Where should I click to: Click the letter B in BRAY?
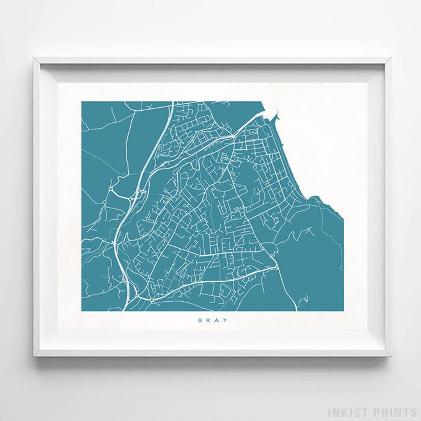(x=199, y=320)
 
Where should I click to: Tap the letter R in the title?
(x=207, y=320)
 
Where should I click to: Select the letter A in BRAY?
(x=216, y=320)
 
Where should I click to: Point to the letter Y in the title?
(x=225, y=320)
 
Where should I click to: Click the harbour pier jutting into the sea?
(x=278, y=115)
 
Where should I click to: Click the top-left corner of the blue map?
(x=82, y=102)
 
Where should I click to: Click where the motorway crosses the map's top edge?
(x=172, y=102)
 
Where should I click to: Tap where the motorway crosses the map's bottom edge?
(x=124, y=310)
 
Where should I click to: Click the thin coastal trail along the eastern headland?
(x=340, y=242)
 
